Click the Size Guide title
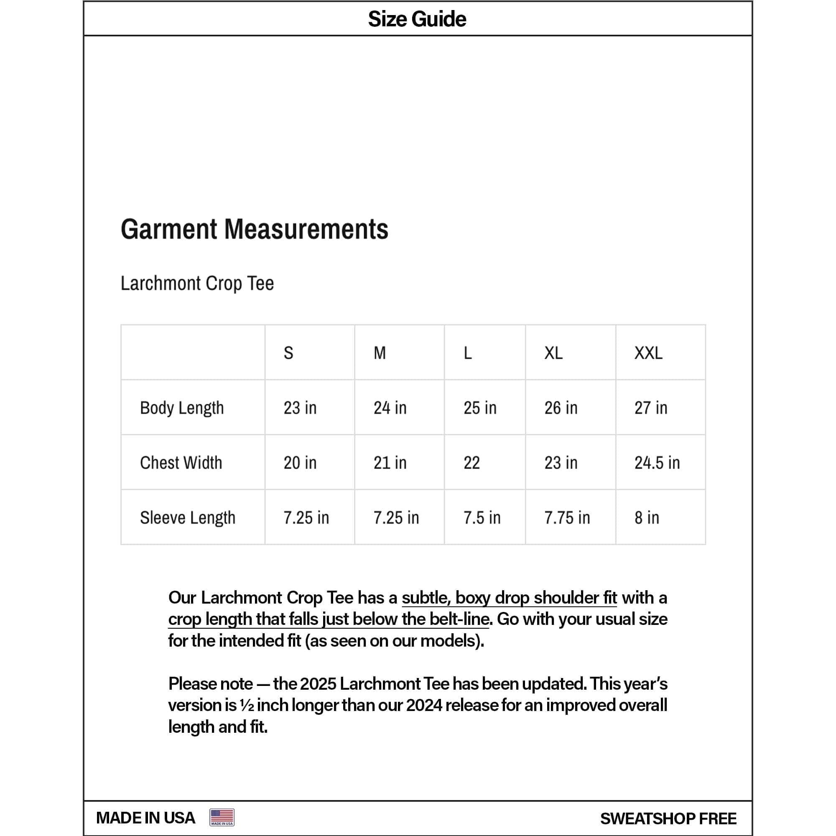(417, 19)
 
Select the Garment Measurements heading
(255, 229)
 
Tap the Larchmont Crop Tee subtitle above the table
(197, 283)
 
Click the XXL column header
(648, 353)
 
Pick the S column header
(288, 353)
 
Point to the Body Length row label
(182, 408)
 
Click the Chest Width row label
(181, 463)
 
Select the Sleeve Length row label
(187, 517)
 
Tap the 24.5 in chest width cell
(657, 463)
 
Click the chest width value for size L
(472, 463)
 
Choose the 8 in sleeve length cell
(647, 517)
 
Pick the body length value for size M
(390, 408)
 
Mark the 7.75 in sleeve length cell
(567, 517)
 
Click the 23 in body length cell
(300, 408)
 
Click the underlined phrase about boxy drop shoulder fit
(509, 598)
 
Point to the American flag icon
(222, 817)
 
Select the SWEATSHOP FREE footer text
(668, 818)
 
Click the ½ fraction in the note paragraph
(247, 705)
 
